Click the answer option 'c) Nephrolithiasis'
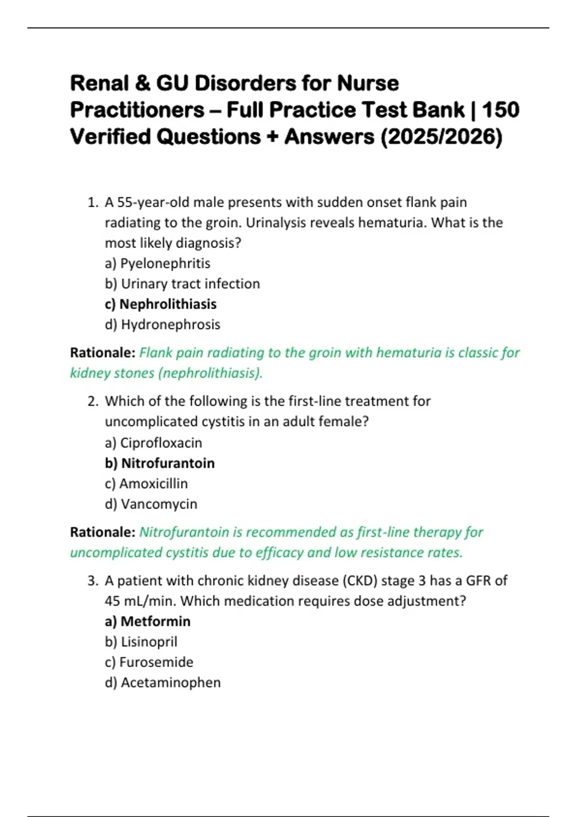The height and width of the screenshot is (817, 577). (161, 304)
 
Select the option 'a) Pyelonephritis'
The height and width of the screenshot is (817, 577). (158, 263)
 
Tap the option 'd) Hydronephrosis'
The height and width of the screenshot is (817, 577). (163, 324)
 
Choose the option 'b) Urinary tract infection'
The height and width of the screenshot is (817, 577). (182, 284)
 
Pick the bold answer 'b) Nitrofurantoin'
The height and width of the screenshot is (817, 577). (160, 463)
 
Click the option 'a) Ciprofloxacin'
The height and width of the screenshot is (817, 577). (153, 443)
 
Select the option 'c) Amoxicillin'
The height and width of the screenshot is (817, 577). (146, 483)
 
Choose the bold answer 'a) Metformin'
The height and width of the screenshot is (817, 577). (148, 621)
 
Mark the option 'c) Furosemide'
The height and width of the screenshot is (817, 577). (149, 662)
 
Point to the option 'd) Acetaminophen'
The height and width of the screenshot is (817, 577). (163, 683)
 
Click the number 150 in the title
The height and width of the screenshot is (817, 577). (501, 110)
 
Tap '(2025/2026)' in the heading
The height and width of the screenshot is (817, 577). (441, 137)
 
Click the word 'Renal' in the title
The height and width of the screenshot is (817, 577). (100, 84)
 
